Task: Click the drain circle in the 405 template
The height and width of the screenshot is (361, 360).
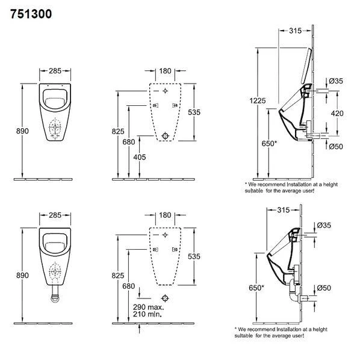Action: point(165,135)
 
